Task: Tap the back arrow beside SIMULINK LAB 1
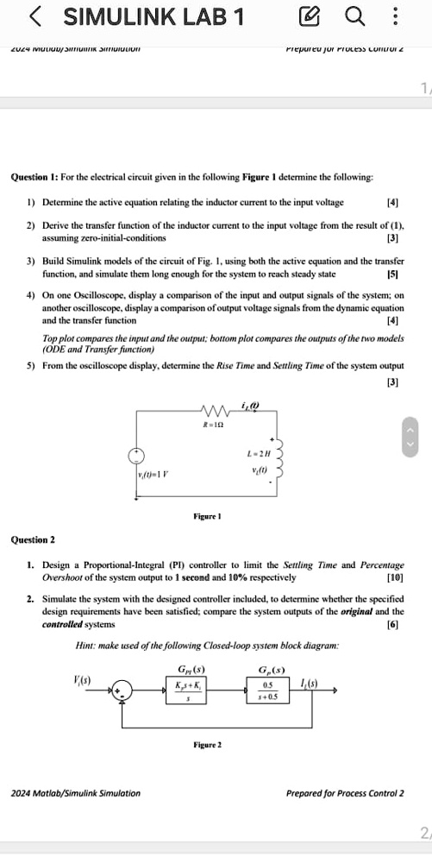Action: click(x=35, y=16)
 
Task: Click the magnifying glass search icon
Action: click(x=354, y=16)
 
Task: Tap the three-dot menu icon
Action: click(x=395, y=16)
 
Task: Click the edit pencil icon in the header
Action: click(x=309, y=16)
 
